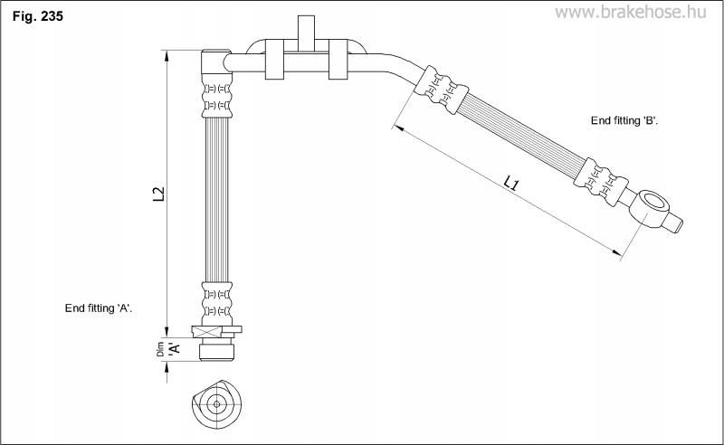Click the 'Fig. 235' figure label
[37, 16]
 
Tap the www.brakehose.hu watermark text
[630, 12]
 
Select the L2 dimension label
[158, 194]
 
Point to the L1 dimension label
[511, 184]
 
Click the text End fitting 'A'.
[99, 308]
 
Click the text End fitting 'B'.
[624, 120]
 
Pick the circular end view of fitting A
[216, 404]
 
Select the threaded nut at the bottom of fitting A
[217, 349]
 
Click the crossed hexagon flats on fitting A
[207, 331]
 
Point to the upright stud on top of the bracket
[306, 33]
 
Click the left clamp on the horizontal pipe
[274, 60]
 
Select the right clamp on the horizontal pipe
[338, 60]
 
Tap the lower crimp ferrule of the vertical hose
[217, 303]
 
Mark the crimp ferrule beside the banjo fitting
[601, 182]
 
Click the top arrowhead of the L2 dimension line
[167, 55]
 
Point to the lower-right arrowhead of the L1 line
[616, 252]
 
